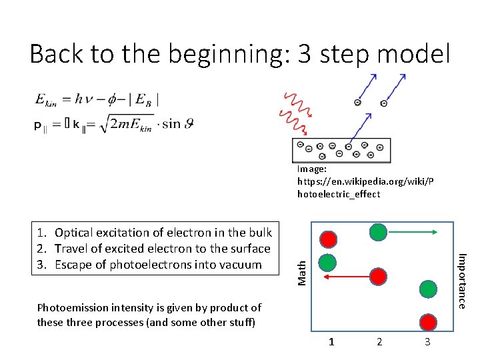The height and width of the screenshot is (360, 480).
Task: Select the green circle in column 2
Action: coord(378,231)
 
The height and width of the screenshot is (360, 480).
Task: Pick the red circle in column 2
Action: coord(378,275)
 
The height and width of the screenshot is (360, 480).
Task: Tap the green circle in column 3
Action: coord(427,289)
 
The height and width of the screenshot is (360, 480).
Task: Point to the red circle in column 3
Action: coord(427,321)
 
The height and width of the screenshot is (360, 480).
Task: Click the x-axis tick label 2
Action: coord(379,342)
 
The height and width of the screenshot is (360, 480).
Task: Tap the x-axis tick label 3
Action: coord(427,342)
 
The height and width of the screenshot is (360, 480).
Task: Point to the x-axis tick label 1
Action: coord(331,342)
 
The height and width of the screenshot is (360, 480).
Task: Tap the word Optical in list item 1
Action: coord(75,233)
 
